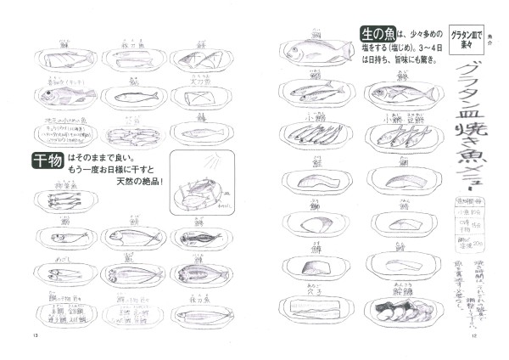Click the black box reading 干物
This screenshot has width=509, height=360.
point(42,160)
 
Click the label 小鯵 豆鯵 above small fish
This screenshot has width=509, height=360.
point(395,119)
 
